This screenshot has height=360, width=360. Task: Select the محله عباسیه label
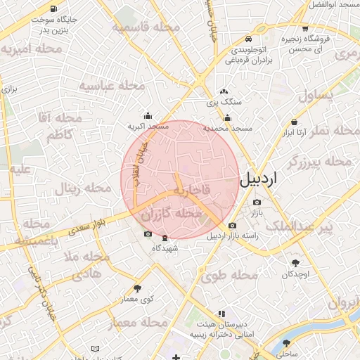112,86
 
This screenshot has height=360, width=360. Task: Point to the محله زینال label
84,188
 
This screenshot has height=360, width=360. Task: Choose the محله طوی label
226,276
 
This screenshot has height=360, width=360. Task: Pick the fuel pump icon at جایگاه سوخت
34,20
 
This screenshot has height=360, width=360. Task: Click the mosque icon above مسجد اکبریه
148,115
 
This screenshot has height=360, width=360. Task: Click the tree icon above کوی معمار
137,288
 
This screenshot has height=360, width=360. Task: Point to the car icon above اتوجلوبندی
248,39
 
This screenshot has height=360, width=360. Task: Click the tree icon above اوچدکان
295,263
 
